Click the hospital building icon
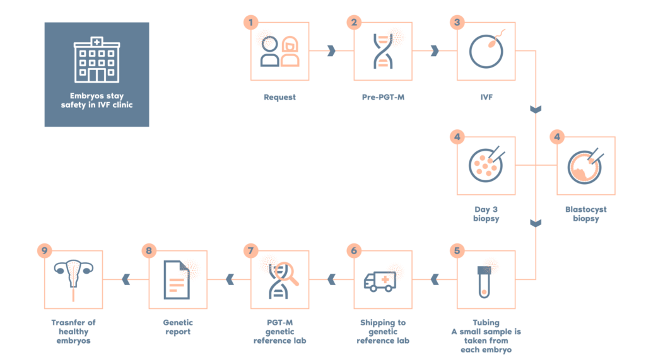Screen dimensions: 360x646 tap(97, 60)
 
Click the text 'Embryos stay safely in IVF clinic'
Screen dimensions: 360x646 tap(97, 100)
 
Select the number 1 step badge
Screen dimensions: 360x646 tap(251, 22)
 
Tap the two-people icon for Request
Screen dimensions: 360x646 tap(279, 51)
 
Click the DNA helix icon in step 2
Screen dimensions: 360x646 tap(383, 51)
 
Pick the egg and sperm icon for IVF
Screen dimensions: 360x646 tap(486, 51)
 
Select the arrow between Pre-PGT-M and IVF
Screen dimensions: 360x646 tap(434, 51)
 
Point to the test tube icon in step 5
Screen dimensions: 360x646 tap(486, 280)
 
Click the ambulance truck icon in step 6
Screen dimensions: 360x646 tap(383, 280)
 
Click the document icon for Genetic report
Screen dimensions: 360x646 tap(177, 280)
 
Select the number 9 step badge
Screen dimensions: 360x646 tap(45, 251)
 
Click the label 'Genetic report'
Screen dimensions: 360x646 tap(177, 327)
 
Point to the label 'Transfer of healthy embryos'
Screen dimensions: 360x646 tap(74, 331)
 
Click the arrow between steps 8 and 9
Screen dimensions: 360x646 tap(126, 280)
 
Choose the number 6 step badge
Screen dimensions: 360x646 tap(354, 251)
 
